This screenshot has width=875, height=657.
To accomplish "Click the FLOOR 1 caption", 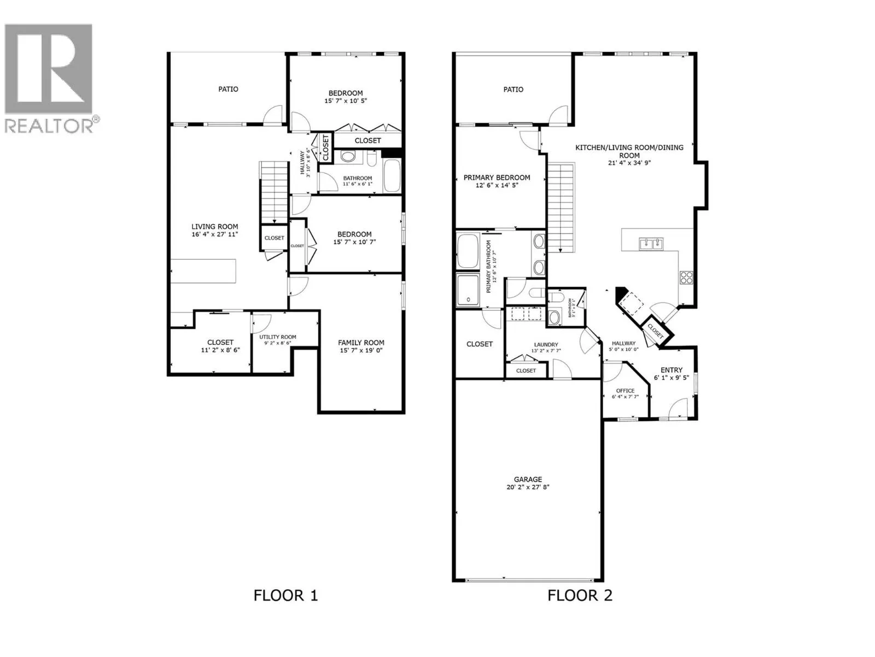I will click(x=285, y=595).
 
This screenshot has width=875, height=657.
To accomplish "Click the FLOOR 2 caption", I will click(x=580, y=595).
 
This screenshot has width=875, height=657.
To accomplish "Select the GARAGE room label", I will click(x=527, y=479).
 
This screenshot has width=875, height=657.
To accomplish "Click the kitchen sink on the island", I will click(x=651, y=243).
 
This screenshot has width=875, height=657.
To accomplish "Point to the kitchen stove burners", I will click(x=686, y=277).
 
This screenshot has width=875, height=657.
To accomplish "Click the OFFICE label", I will click(x=625, y=391).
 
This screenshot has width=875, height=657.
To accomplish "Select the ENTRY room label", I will click(x=671, y=370).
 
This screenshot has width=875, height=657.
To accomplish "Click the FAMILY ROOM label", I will click(x=361, y=343).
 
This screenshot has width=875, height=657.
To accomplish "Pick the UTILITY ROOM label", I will click(x=278, y=337).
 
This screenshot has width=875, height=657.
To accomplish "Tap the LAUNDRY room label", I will click(x=546, y=345).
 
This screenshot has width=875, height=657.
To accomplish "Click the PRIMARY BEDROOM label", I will click(x=497, y=177).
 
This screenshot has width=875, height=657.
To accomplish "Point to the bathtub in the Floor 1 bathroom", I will click(x=392, y=175).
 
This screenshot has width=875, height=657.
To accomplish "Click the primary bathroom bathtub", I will click(x=468, y=251).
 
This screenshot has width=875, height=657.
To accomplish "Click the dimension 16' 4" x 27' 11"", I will click(x=214, y=234).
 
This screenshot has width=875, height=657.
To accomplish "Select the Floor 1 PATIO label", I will click(x=228, y=89).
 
